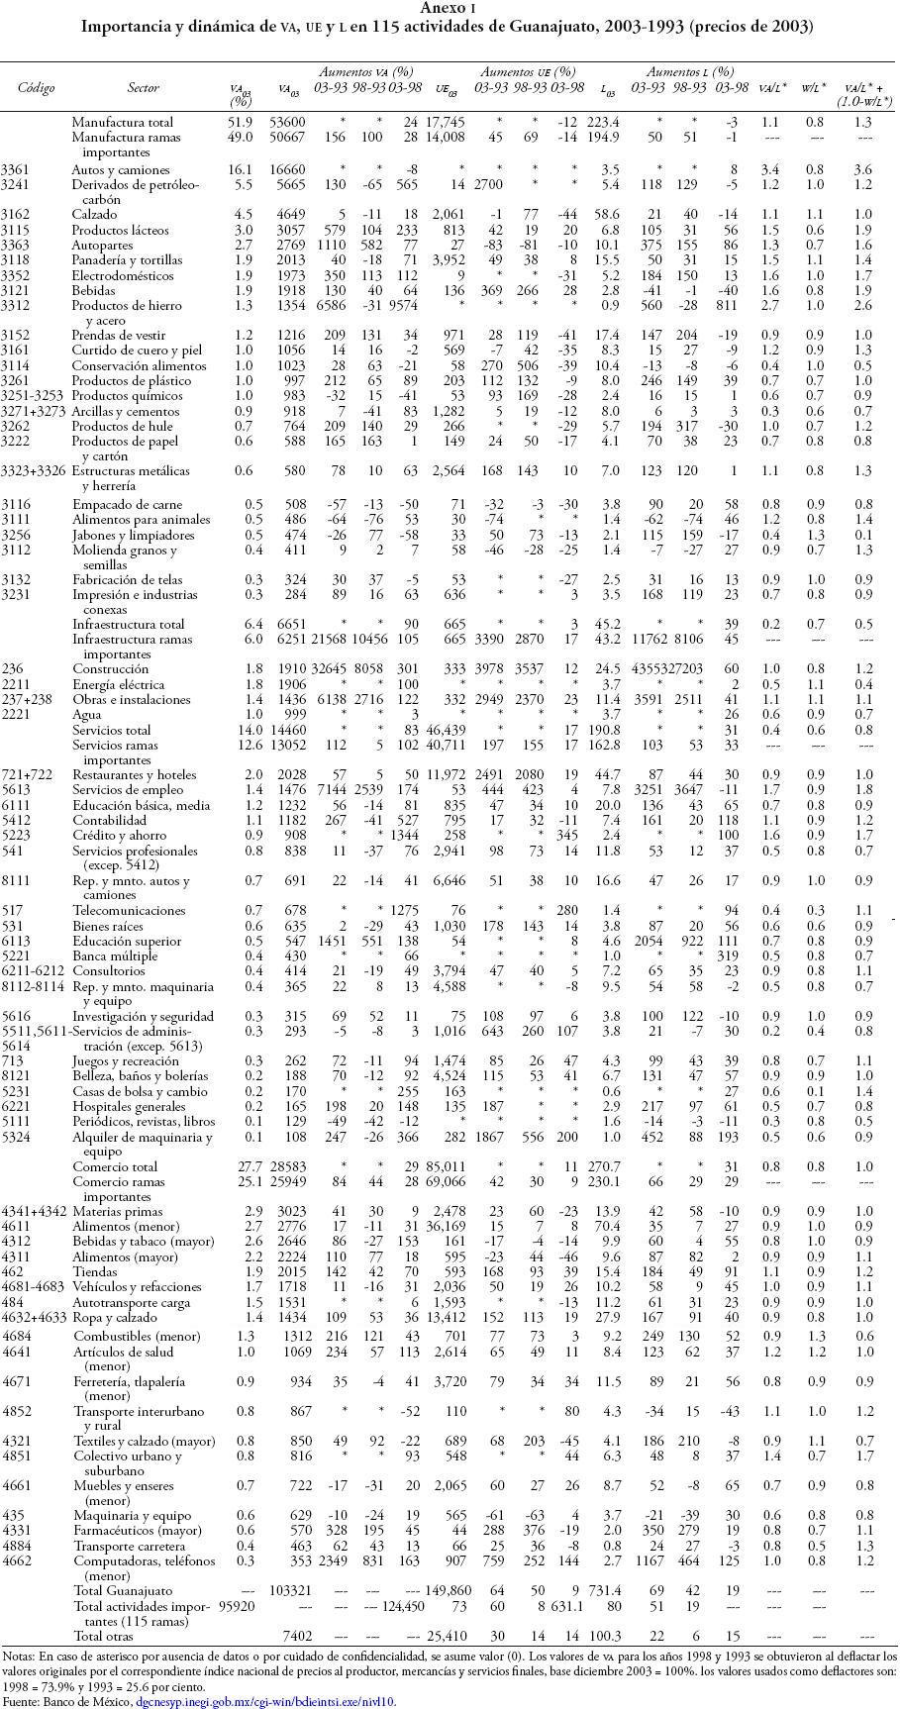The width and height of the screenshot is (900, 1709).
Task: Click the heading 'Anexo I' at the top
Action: pos(450,8)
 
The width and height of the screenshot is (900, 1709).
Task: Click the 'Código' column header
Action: pos(36,88)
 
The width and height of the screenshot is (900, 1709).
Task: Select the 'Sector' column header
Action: pos(144,88)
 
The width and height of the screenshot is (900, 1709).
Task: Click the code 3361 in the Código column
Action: pos(16,169)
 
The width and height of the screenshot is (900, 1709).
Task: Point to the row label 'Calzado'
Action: pos(94,214)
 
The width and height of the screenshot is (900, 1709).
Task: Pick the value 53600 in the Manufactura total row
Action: pos(289,123)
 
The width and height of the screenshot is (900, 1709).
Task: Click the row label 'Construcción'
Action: pos(110,668)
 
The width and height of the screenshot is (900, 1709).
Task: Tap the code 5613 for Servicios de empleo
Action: pos(16,789)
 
